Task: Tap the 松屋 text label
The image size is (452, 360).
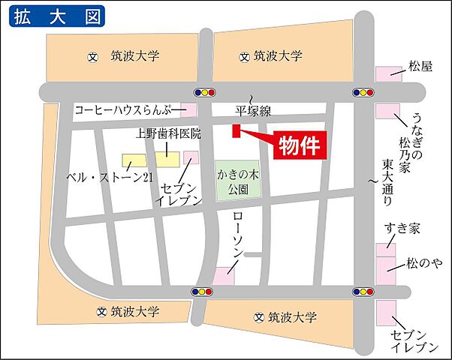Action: click(x=420, y=66)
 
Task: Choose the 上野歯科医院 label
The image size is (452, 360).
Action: click(x=169, y=135)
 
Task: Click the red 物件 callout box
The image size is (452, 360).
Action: click(x=300, y=145)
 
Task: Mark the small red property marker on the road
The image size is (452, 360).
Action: click(x=236, y=132)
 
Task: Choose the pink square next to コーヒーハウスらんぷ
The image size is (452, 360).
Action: click(x=188, y=111)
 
